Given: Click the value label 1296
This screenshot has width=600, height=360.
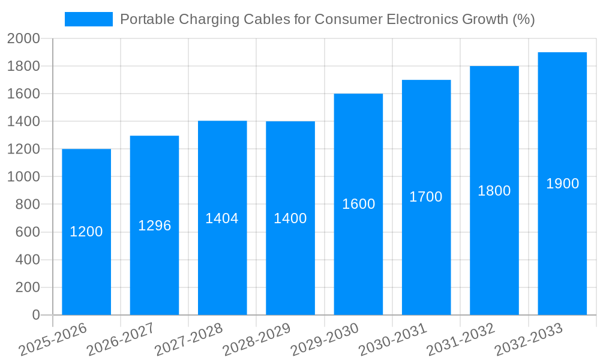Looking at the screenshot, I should [x=155, y=226].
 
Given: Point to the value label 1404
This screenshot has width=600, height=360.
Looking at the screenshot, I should [x=222, y=218].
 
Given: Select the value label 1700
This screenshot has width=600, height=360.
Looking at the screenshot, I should [x=426, y=197].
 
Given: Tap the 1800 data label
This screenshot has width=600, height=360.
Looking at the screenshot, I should [x=494, y=191].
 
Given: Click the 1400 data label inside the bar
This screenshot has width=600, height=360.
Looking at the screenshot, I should [x=290, y=218].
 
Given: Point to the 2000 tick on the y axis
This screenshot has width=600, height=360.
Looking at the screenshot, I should [x=23, y=39].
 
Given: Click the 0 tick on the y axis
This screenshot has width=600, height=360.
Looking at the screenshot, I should [x=36, y=315].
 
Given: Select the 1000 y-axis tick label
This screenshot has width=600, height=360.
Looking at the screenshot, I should [x=23, y=177].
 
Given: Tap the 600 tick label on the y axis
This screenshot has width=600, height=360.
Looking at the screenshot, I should [x=27, y=232].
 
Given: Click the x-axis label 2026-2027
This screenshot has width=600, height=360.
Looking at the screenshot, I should [x=120, y=340].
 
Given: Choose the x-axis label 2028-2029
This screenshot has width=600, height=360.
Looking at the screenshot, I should [x=256, y=340].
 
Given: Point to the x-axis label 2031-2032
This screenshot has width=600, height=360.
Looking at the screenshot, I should [x=460, y=340].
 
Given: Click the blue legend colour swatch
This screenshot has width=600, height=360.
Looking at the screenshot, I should [x=89, y=19].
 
